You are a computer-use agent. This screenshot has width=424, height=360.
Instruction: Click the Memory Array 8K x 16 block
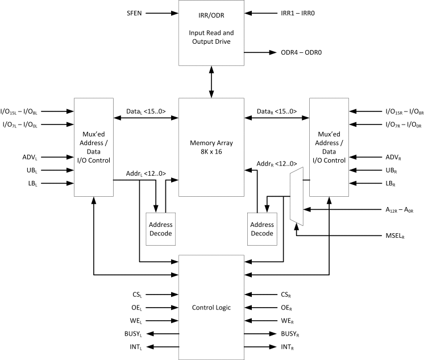pos(211,147)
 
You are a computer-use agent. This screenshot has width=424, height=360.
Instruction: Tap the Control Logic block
pos(211,307)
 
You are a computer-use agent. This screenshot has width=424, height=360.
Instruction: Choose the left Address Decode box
pos(160,229)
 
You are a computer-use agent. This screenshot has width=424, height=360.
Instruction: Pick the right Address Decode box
pos(261,229)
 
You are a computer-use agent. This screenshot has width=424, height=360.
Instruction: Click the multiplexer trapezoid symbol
pos(296,196)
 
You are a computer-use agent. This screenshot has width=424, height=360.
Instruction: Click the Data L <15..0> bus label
pos(146,112)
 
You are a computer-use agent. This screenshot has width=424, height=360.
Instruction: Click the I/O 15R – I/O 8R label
pos(393,111)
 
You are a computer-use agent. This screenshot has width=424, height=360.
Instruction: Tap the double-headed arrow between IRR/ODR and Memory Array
pos(211,81)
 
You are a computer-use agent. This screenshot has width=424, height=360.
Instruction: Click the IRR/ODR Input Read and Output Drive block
pos(211,32)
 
